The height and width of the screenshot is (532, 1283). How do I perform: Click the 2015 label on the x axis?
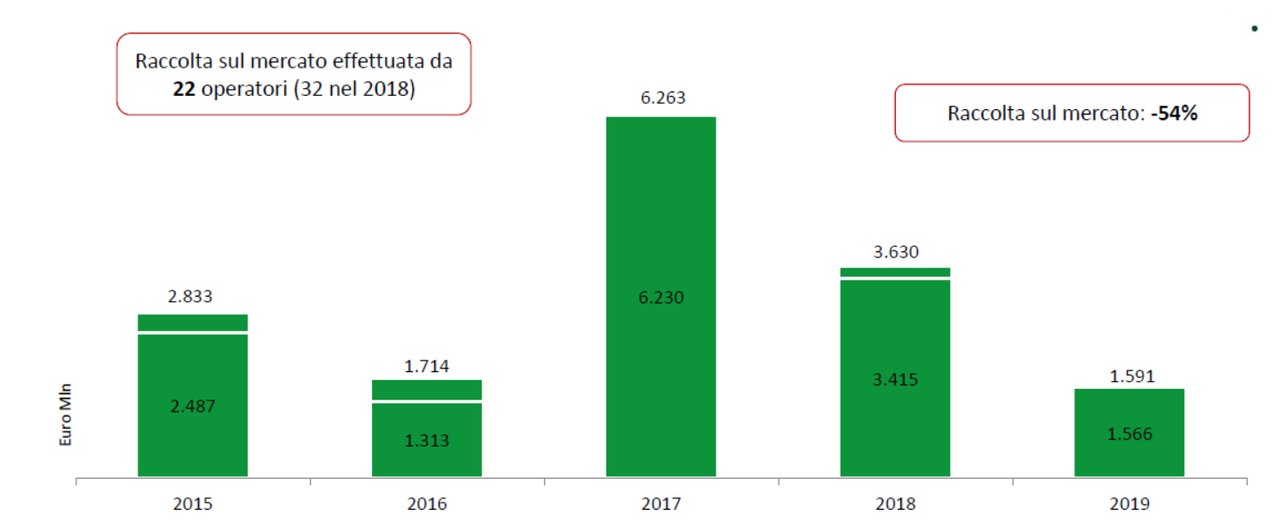(x=192, y=504)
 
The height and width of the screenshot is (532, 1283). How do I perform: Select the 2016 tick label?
(x=426, y=504)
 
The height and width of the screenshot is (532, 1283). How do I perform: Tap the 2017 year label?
(x=661, y=504)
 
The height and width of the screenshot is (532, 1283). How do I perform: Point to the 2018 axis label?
(x=895, y=504)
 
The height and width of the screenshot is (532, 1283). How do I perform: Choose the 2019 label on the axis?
(x=1129, y=504)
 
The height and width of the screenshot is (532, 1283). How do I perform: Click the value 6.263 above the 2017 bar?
(x=662, y=98)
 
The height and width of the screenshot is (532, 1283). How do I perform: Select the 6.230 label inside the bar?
(x=661, y=298)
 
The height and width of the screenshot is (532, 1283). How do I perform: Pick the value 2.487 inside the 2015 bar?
(x=193, y=406)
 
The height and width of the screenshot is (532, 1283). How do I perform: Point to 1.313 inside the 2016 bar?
(x=427, y=440)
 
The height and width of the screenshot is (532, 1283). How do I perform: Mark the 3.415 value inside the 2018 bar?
(x=895, y=379)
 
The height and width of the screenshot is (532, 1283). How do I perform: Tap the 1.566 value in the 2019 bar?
(x=1129, y=433)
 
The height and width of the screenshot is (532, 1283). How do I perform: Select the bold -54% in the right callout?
(x=1175, y=114)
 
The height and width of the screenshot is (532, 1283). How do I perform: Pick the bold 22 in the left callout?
(x=184, y=89)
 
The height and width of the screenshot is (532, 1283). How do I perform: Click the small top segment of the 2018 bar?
(x=895, y=272)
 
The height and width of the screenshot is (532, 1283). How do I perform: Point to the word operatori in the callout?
(x=242, y=89)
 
